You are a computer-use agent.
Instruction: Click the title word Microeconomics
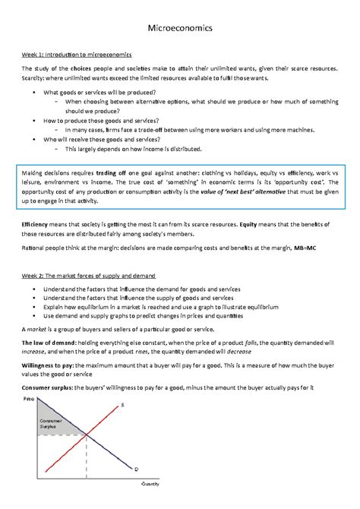point(180,28)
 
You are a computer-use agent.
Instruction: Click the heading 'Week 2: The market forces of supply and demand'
point(88,275)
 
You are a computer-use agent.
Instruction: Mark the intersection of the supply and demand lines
point(86,435)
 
